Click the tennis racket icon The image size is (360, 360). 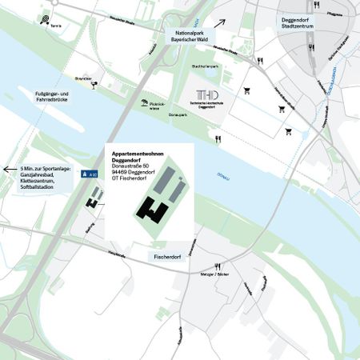pyautogui.click(x=54, y=21)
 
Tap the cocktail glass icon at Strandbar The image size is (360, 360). pyautogui.click(x=94, y=81)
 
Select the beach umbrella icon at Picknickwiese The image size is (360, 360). pyautogui.click(x=145, y=102)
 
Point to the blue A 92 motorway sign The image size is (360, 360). pyautogui.click(x=92, y=172)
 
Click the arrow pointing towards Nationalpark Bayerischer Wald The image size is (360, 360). pyautogui.click(x=219, y=25)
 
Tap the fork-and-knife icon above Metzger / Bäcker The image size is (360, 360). pyautogui.click(x=217, y=266)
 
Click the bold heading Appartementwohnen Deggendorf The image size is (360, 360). pyautogui.click(x=141, y=156)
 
